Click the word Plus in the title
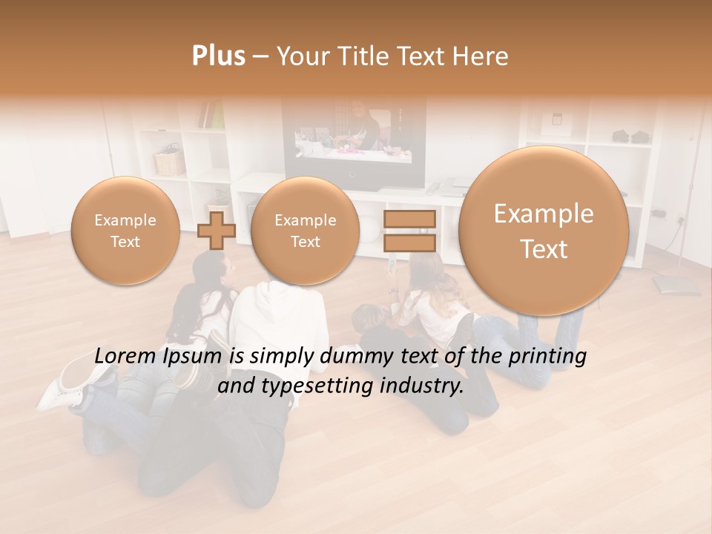(219, 56)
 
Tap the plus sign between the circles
(216, 230)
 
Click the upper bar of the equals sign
(409, 219)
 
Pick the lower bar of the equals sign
(409, 243)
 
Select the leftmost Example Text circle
(125, 231)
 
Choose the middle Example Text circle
(305, 231)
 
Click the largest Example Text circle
(544, 231)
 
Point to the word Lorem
(127, 357)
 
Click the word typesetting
(320, 386)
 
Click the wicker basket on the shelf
(170, 161)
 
